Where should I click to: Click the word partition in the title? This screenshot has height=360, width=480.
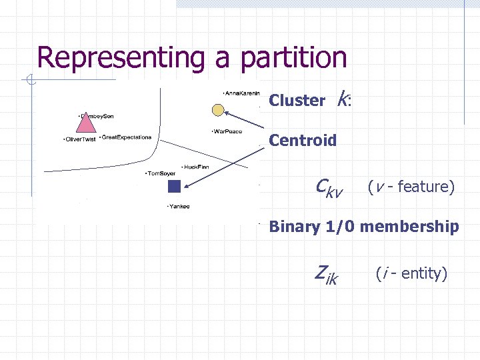point(293,58)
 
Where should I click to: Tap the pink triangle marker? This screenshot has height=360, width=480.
point(85,124)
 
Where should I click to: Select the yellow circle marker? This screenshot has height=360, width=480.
point(218,109)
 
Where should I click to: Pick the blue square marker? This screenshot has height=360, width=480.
point(174,186)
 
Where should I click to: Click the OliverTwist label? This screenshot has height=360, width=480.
point(79,139)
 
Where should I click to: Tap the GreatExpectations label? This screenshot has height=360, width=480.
point(126,137)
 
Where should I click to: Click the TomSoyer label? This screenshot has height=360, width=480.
point(161,173)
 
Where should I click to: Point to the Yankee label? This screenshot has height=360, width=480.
point(179,206)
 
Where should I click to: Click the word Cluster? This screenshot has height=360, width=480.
point(297,101)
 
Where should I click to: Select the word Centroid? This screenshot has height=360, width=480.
point(303,141)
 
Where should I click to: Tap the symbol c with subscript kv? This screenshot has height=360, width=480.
point(328,188)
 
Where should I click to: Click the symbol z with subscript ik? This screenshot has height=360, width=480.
point(326,273)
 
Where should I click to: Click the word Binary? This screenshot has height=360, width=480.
point(293,227)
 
